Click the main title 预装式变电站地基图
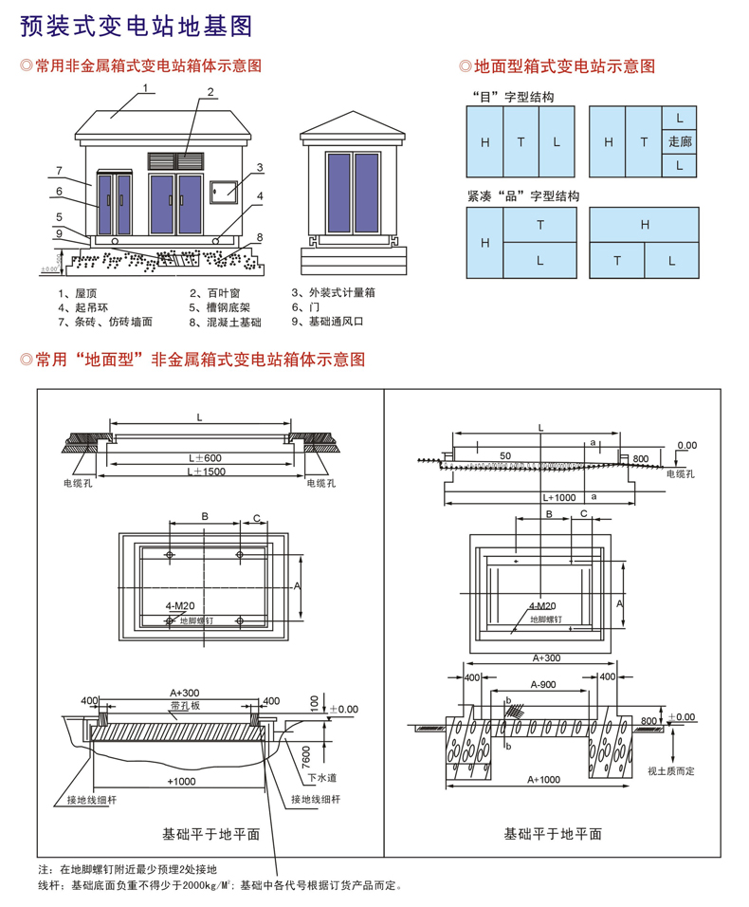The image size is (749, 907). [137, 27]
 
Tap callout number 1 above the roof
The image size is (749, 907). [147, 87]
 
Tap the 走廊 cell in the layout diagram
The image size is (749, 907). [680, 141]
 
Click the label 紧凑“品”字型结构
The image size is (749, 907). [522, 196]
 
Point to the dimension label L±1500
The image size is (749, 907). [203, 472]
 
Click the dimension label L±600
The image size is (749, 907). [204, 457]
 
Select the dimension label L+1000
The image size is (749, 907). [560, 496]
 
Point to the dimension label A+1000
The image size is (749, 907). [543, 779]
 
